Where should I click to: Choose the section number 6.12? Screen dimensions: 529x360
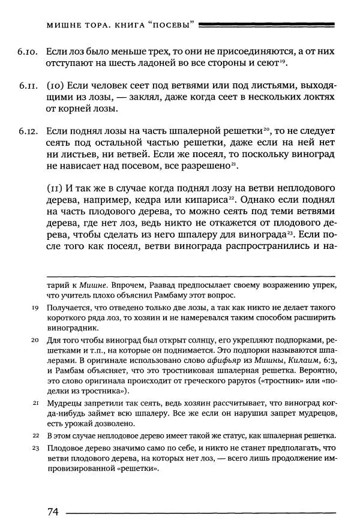pos(28,130)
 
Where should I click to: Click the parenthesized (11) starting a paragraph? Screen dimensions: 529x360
pos(55,187)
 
